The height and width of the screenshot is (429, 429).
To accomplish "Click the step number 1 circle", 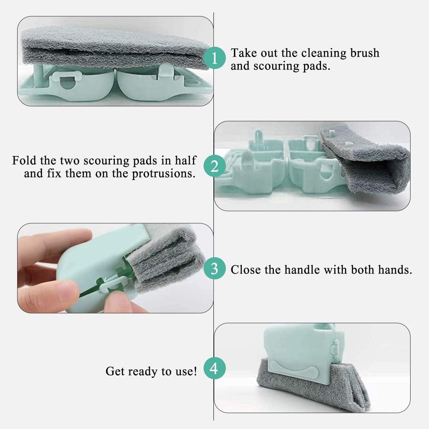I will [x=214, y=59].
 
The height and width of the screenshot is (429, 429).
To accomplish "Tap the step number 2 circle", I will [x=214, y=166].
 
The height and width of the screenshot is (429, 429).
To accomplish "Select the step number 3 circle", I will [x=214, y=269].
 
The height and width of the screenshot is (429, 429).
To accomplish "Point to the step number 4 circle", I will [x=214, y=368].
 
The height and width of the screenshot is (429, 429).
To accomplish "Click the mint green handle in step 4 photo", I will [x=300, y=347].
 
